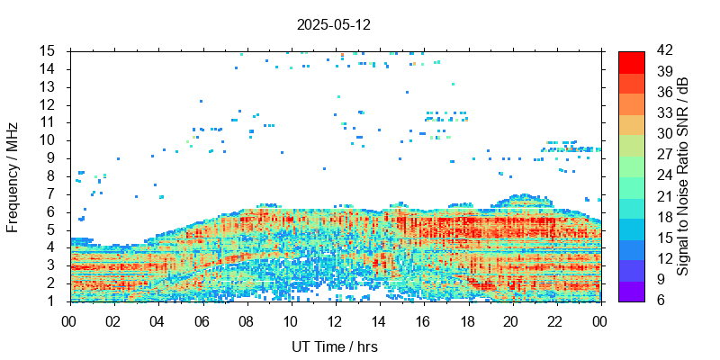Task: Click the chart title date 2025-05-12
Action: (333, 24)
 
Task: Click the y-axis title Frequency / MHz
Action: (13, 175)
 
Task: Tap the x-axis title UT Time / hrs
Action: (334, 346)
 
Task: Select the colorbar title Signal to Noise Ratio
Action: (683, 175)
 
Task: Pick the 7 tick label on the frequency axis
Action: (53, 193)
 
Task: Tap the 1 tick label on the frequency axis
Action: (53, 301)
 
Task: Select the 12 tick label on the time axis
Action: (334, 319)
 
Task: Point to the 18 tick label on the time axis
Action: (466, 319)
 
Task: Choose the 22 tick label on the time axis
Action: (554, 319)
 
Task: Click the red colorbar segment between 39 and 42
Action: (631, 61)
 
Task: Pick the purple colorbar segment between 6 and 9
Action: (631, 290)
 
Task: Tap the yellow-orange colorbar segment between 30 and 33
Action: (631, 123)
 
